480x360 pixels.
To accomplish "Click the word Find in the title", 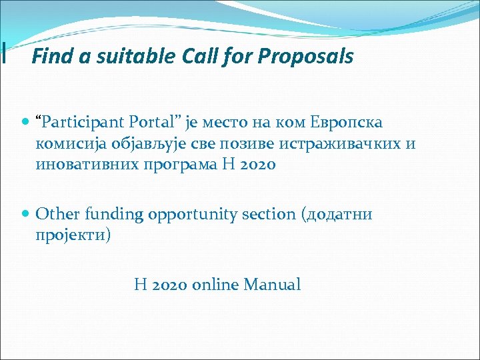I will pyautogui.click(x=49, y=57).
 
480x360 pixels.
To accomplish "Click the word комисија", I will pyautogui.click(x=70, y=144).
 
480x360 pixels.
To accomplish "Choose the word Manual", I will pyautogui.click(x=272, y=285).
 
